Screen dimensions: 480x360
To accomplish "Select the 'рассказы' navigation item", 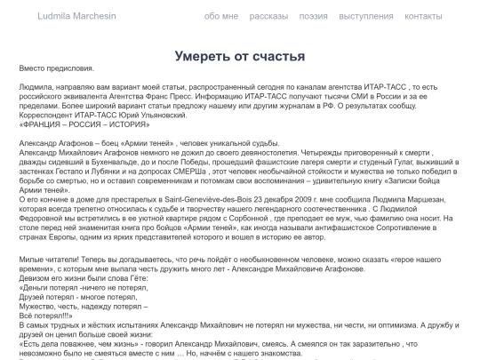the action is coord(268,16).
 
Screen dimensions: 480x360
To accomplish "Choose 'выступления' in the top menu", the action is coord(366,16).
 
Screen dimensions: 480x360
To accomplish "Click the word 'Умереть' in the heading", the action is coord(208,56).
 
